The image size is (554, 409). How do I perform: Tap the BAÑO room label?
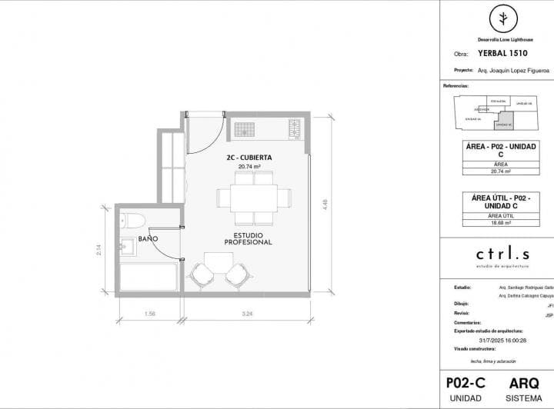[148, 239]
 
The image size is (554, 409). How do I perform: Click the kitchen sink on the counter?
[244, 128]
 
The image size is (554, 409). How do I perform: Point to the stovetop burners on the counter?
[294, 128]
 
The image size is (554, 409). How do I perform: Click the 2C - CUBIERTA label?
[249, 157]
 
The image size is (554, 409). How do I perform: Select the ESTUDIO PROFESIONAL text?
[249, 238]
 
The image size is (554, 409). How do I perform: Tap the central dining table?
[254, 197]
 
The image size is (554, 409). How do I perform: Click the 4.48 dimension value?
[326, 203]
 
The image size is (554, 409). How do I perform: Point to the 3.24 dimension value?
[246, 314]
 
